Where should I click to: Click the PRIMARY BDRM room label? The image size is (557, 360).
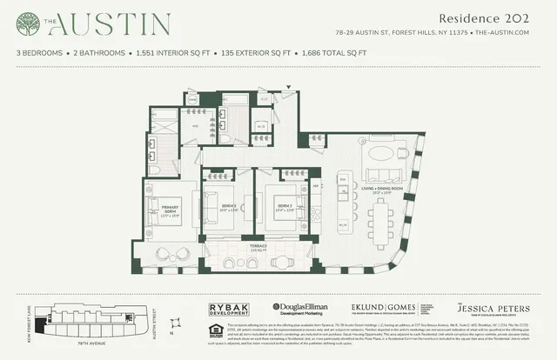[170, 208]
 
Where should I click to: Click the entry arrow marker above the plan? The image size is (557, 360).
[290, 86]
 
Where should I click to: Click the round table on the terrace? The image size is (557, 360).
[171, 255]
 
